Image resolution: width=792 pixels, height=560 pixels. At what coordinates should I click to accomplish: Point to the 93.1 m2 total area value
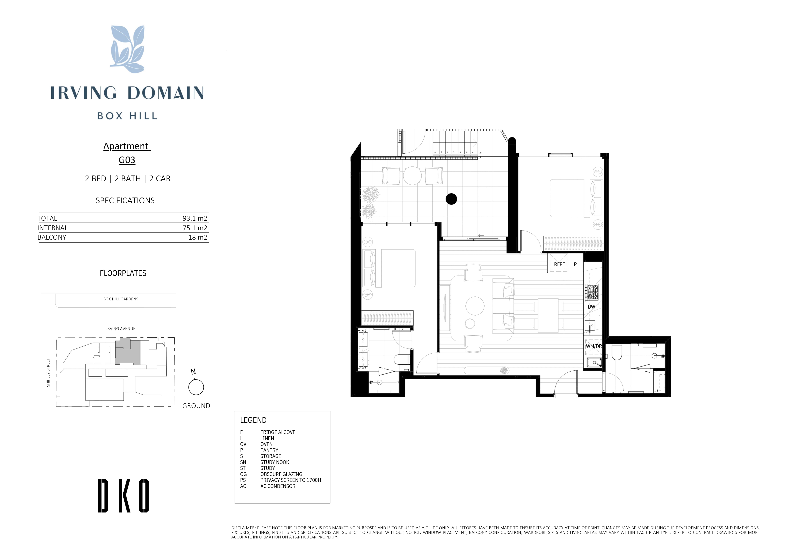[195, 218]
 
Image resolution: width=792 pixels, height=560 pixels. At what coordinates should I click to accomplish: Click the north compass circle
[196, 387]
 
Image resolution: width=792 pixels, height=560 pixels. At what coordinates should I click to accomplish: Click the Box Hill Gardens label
[121, 299]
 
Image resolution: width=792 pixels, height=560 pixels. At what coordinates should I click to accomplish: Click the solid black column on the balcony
[451, 199]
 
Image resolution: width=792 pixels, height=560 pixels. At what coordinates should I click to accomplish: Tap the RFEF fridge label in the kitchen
[559, 265]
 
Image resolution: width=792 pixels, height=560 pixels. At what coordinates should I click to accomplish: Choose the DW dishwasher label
[591, 306]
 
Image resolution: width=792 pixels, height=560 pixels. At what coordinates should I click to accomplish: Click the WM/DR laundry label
[594, 346]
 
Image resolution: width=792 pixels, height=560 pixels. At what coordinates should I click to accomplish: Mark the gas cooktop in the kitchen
[591, 292]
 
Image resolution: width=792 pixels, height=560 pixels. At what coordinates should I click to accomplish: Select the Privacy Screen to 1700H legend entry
[291, 480]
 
